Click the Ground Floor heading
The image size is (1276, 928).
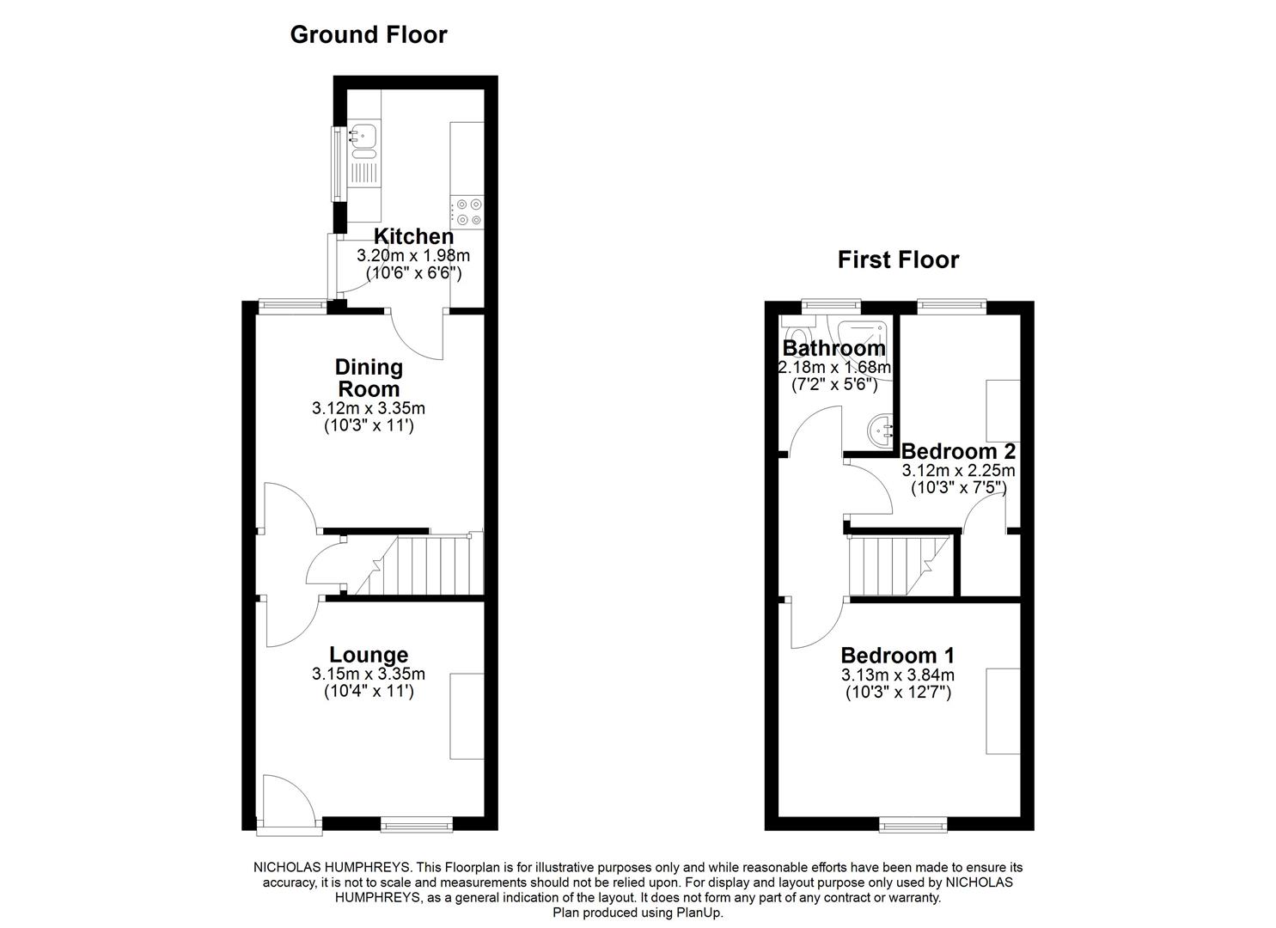point(368,34)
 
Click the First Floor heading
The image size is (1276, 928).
point(898,259)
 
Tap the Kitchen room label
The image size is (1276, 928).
point(413,236)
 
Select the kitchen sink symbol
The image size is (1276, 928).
point(364,137)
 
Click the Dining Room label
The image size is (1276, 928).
point(369,377)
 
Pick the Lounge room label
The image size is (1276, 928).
point(369,656)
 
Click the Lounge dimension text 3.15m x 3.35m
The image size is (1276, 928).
point(369,675)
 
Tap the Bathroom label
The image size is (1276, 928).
point(833,348)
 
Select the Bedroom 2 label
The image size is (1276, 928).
point(958,452)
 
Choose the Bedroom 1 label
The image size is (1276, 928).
point(897,656)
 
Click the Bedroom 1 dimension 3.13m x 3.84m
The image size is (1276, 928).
point(897,675)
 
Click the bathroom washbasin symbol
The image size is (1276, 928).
point(880,427)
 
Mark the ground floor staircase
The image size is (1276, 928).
point(417,565)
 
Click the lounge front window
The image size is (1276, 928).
point(417,826)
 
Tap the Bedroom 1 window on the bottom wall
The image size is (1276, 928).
point(913,826)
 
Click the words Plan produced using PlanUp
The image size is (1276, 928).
point(638,913)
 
